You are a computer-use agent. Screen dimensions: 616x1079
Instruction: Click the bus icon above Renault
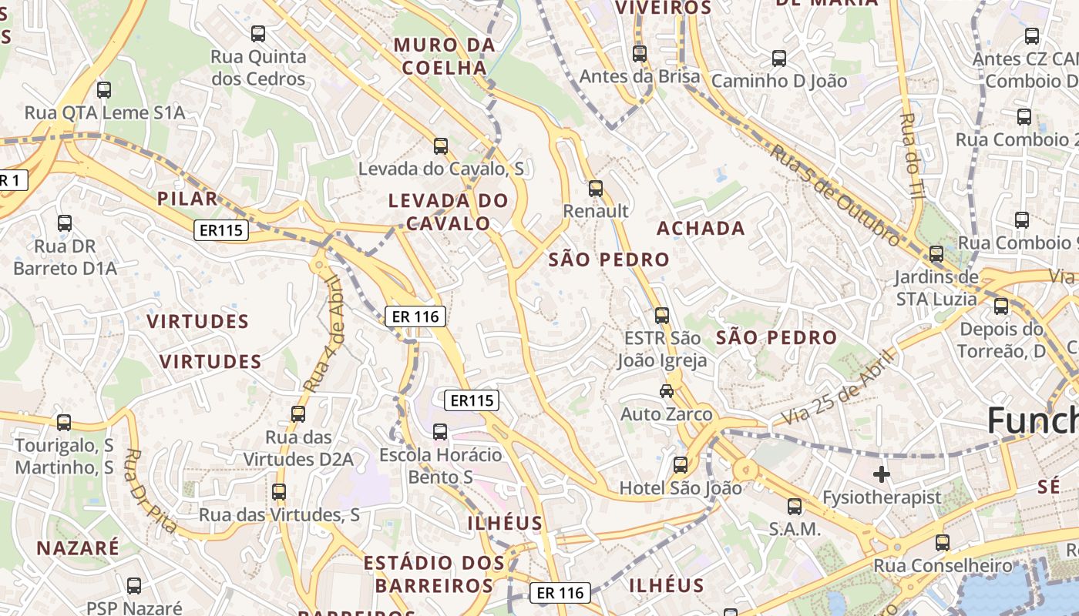pos(595,189)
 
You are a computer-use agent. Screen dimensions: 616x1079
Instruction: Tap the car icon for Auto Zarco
pos(667,391)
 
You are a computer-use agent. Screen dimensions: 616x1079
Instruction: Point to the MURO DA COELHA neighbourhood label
pos(445,56)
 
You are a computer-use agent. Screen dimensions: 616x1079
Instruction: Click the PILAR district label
pos(187,199)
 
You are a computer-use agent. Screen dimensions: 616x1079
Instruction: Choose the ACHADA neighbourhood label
pos(701,228)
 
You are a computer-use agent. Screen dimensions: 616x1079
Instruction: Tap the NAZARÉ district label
pos(79,548)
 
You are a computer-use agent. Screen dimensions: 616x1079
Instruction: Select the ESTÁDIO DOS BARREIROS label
pos(434,574)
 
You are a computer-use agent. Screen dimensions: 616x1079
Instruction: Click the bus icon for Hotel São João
pos(680,465)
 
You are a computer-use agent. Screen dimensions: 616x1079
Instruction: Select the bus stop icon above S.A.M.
pos(794,507)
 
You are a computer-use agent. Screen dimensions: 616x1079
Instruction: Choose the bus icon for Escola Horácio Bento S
pos(440,432)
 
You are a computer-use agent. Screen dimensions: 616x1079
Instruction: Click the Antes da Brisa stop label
pos(640,76)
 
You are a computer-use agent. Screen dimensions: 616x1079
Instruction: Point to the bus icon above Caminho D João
pos(778,59)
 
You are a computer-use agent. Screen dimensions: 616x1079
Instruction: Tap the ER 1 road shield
pos(11,181)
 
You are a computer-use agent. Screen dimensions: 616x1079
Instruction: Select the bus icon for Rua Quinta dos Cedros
pos(258,34)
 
